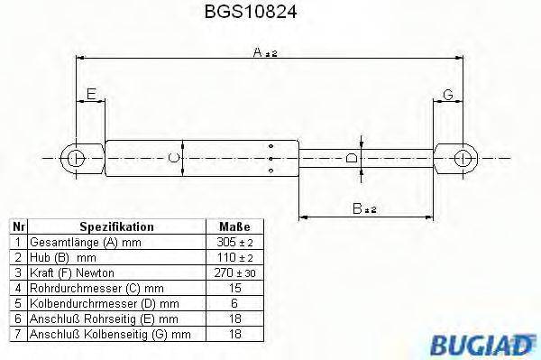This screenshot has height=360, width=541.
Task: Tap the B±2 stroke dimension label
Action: (x=364, y=209)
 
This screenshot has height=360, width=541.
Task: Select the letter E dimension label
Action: (x=90, y=94)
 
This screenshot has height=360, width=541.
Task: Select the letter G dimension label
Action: (x=448, y=94)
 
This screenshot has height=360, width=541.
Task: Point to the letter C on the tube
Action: (x=174, y=160)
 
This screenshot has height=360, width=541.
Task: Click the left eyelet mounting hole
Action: (x=77, y=160)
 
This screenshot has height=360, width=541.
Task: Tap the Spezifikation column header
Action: (x=116, y=227)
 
